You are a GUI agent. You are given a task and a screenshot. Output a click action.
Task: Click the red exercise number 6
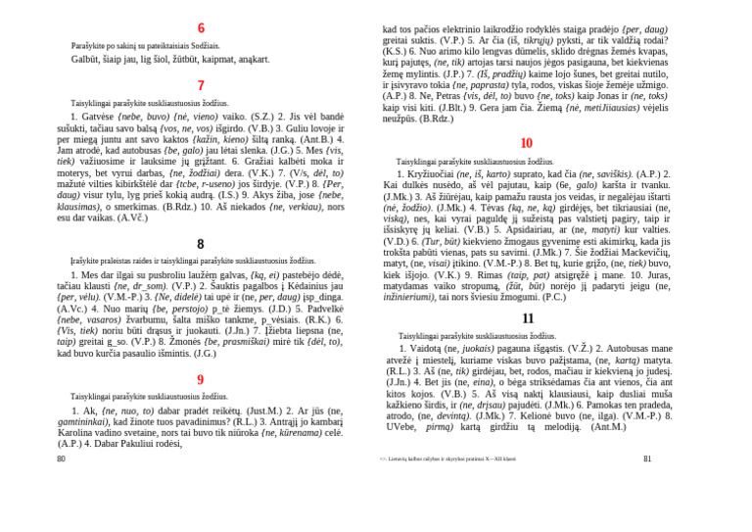pyautogui.click(x=201, y=28)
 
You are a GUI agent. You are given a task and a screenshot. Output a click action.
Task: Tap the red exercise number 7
pyautogui.click(x=201, y=85)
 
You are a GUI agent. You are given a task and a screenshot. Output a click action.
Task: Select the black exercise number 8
pyautogui.click(x=201, y=244)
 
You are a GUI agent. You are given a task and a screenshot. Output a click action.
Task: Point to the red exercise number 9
pyautogui.click(x=201, y=380)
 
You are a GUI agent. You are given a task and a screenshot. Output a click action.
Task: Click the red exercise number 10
pyautogui.click(x=527, y=143)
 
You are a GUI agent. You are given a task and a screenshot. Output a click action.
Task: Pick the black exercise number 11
pyautogui.click(x=528, y=318)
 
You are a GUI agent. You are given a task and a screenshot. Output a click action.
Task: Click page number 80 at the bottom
pyautogui.click(x=61, y=459)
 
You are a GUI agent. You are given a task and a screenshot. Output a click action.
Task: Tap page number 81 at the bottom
pyautogui.click(x=647, y=459)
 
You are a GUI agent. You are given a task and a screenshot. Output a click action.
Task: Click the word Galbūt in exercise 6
pyautogui.click(x=86, y=59)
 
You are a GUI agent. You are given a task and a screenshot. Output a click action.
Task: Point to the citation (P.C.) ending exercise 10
pyautogui.click(x=553, y=296)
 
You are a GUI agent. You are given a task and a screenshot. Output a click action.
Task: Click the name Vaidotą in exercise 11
pyautogui.click(x=420, y=349)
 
